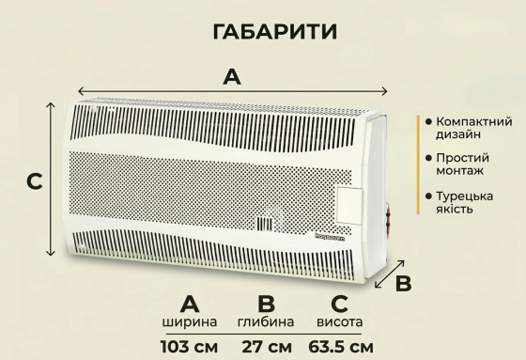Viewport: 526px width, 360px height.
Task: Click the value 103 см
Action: coord(190,347)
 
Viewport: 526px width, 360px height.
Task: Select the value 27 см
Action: coord(267,347)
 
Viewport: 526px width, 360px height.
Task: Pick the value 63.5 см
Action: coord(340,347)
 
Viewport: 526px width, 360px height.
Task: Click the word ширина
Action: coord(190,322)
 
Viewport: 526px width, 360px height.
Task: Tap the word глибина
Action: coord(266,322)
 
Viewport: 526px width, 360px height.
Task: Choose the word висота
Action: coord(340,322)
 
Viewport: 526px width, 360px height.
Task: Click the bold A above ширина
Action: coord(190,303)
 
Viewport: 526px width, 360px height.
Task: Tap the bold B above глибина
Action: coord(266,303)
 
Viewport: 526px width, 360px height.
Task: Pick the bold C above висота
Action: coord(340,303)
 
